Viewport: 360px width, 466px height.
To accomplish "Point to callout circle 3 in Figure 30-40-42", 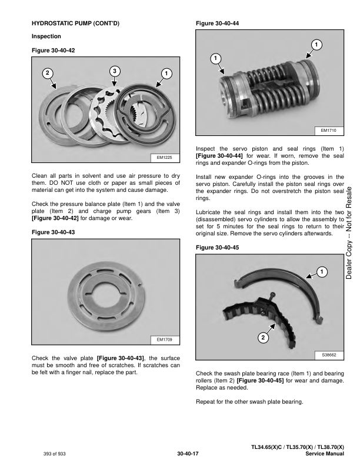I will point(115,71).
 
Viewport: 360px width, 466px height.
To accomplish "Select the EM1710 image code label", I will point(329,130).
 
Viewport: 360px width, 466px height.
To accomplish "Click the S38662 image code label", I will point(329,355).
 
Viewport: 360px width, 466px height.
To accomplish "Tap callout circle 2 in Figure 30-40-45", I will point(262,338).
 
